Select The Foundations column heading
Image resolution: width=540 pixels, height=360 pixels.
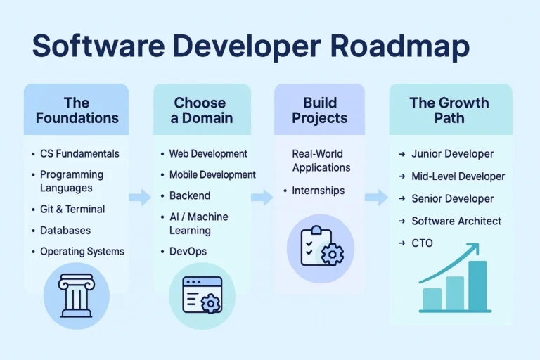tap(76, 110)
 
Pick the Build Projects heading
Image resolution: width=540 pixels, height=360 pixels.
tap(320, 110)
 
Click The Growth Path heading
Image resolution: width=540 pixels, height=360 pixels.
tap(449, 110)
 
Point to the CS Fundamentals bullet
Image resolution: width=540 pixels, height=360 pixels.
tap(79, 154)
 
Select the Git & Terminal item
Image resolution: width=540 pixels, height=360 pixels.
tap(72, 210)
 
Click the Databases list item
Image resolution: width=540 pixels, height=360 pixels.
tap(65, 231)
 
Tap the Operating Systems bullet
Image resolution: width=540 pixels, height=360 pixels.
tap(82, 252)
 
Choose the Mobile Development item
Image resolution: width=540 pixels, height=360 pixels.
tap(212, 175)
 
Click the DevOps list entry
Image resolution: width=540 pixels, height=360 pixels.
tap(188, 252)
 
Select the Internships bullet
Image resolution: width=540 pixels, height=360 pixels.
tap(318, 191)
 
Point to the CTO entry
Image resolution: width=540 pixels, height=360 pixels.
tap(422, 243)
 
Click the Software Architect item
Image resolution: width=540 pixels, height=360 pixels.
tap(456, 221)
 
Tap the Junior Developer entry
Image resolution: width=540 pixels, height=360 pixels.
tap(452, 154)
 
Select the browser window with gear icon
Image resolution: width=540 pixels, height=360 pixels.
tap(202, 295)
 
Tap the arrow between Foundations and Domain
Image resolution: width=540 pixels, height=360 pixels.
tap(140, 198)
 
